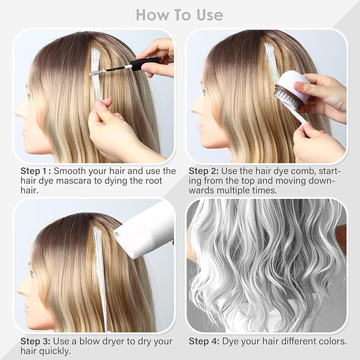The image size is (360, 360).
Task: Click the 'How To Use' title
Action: tap(180, 14)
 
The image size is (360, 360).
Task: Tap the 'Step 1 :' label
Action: tap(36, 171)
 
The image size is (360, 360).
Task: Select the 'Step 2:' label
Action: tap(206, 171)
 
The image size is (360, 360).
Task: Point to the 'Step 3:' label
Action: tap(35, 341)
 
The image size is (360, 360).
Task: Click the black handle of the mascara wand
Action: tap(144, 64)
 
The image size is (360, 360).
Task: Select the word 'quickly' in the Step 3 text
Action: tap(54, 351)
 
